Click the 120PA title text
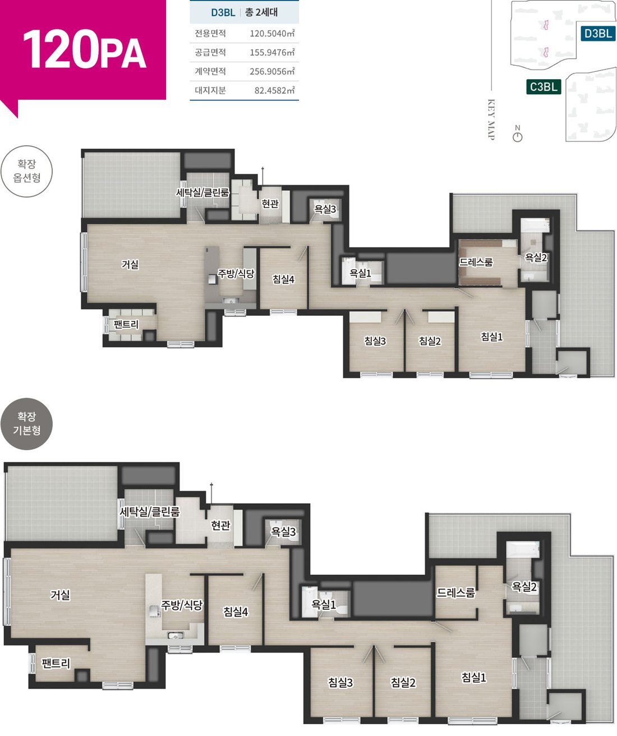tap(84, 49)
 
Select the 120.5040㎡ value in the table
tap(272, 34)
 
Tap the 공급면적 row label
tap(210, 53)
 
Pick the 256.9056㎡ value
tap(272, 72)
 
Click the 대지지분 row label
tap(210, 90)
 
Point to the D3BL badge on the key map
tap(598, 34)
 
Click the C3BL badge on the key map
tap(544, 86)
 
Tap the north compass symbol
tap(517, 134)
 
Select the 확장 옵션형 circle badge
tap(27, 171)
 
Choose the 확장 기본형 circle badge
tap(27, 424)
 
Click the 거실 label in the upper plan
tap(130, 264)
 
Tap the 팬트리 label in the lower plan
tap(56, 664)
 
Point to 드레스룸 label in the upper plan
tap(476, 262)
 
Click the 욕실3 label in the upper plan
tap(325, 209)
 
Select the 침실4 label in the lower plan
tap(236, 611)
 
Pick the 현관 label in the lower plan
tap(220, 525)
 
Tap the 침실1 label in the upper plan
tap(492, 337)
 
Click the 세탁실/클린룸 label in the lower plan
tap(150, 512)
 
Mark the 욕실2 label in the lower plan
tap(524, 587)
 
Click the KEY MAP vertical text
tap(491, 119)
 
